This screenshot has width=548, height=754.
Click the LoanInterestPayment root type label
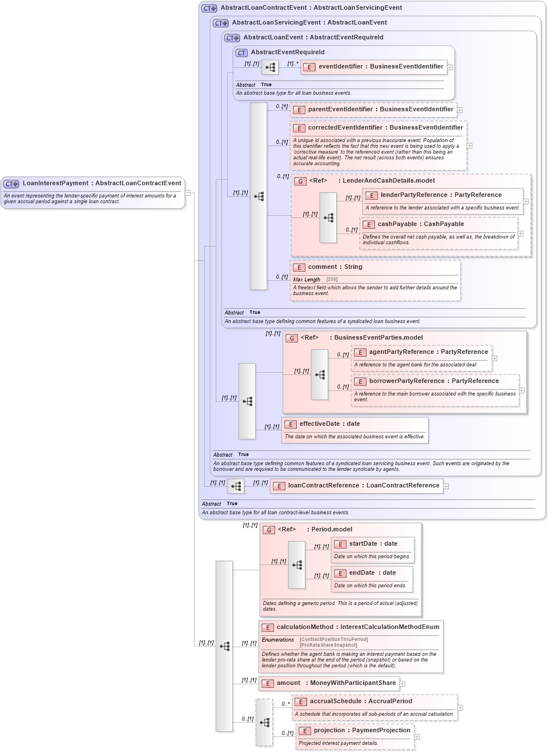tap(101, 183)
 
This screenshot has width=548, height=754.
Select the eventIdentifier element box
tap(380, 67)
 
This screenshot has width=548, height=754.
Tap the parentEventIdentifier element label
tap(380, 110)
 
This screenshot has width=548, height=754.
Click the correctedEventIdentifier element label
tap(385, 128)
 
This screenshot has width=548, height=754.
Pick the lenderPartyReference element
tap(441, 195)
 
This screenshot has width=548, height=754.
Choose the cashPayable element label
tap(420, 224)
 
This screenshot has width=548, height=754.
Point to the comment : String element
tap(335, 267)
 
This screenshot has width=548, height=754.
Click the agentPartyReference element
tap(428, 352)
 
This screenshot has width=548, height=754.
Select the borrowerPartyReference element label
tap(433, 381)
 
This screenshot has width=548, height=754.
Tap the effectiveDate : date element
tap(329, 424)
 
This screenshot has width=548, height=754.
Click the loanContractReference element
tap(363, 486)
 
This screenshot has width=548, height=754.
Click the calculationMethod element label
tap(358, 627)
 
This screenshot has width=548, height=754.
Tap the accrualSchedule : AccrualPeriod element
tap(360, 701)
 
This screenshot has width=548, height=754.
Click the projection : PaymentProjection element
tap(361, 731)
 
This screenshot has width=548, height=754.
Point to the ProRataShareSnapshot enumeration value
tap(328, 646)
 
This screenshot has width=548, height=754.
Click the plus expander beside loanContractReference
tap(446, 486)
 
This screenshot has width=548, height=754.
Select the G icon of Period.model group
tap(269, 530)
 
